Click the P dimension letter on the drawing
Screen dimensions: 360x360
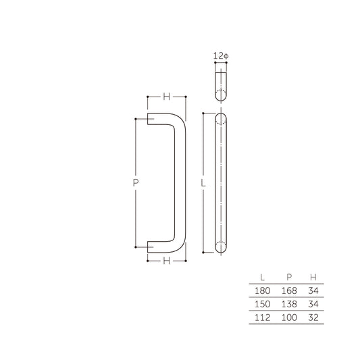click(136, 183)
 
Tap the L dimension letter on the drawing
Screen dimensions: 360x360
click(203, 183)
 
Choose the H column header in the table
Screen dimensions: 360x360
click(312, 277)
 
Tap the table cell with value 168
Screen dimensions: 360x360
click(288, 290)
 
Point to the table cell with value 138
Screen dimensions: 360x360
click(288, 304)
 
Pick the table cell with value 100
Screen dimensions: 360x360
click(288, 317)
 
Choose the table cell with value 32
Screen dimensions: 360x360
click(312, 317)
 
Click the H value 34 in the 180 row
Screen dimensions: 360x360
click(312, 290)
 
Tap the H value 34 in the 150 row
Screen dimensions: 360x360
click(312, 304)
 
